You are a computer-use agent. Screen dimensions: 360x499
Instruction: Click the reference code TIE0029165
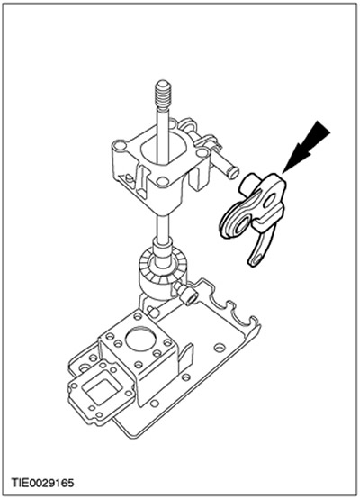[x=42, y=483]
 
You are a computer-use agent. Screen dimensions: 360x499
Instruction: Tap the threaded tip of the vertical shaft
[x=164, y=94]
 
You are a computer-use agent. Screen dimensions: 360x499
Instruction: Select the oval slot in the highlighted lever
[x=271, y=201]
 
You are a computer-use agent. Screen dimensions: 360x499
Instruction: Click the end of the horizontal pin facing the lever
[x=234, y=173]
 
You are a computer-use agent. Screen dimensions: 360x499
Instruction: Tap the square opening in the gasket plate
[x=100, y=392]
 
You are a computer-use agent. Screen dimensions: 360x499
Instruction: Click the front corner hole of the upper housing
[x=163, y=181]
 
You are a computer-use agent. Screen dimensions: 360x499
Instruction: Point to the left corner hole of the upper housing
[x=121, y=146]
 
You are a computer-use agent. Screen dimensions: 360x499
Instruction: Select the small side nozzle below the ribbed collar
[x=185, y=294]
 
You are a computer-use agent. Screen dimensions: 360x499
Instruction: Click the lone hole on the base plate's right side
[x=219, y=348]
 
